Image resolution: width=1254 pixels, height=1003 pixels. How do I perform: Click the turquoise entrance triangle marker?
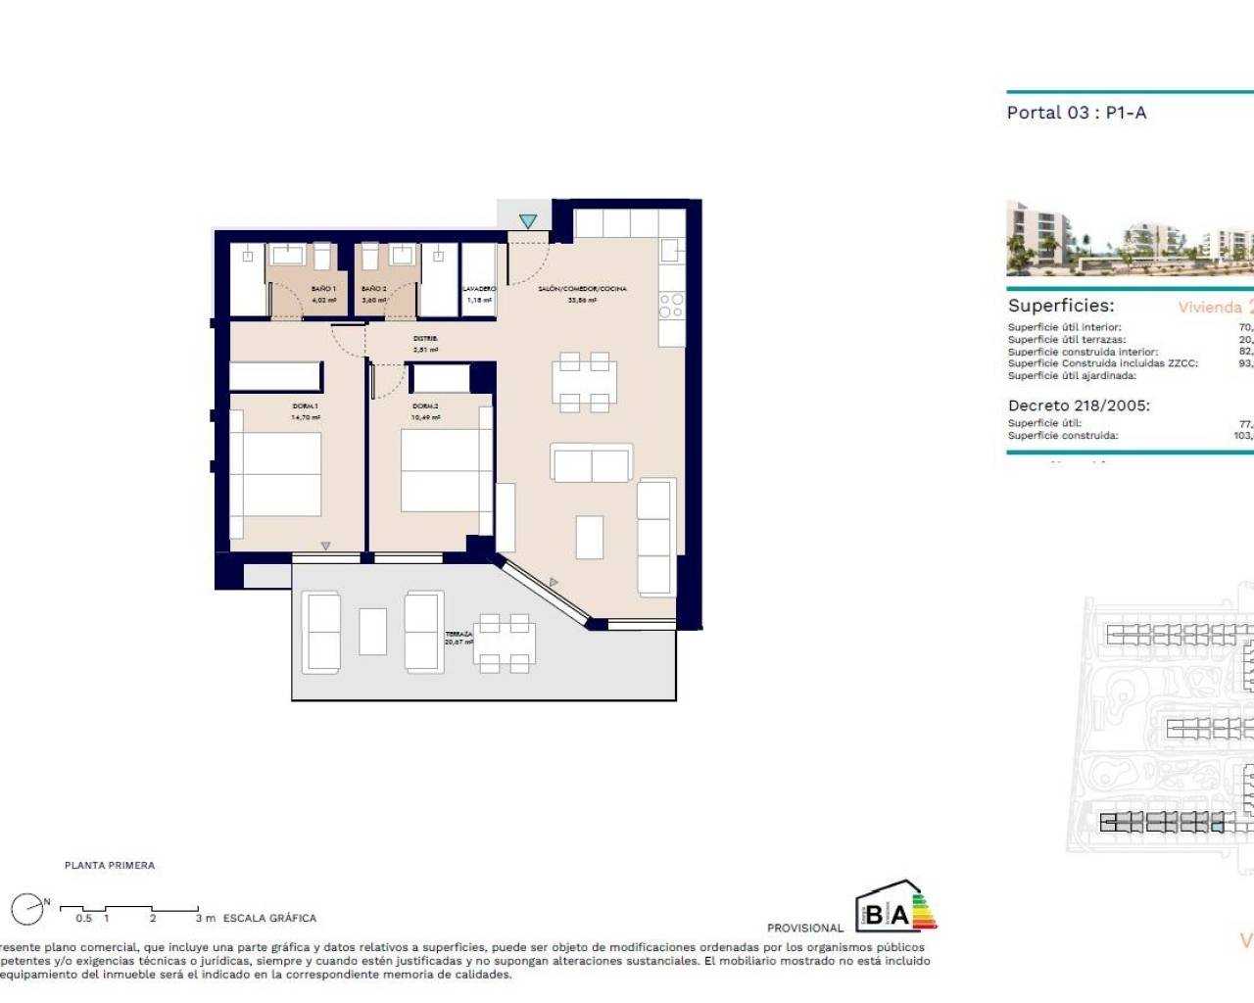point(528,222)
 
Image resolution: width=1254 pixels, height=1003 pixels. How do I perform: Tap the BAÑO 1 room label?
point(323,289)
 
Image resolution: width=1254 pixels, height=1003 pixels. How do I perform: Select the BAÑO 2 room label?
point(373,289)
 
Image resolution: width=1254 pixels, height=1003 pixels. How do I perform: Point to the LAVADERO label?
point(479,289)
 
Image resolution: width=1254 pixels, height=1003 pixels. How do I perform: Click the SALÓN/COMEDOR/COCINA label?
point(582,289)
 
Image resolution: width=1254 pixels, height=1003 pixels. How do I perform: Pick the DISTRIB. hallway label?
point(425,339)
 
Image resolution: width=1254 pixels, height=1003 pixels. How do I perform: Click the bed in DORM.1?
point(277,474)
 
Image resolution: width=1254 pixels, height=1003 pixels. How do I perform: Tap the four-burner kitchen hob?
point(671,306)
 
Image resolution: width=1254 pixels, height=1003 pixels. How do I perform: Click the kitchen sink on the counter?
point(671,251)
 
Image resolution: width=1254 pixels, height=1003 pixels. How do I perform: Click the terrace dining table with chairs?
point(505,644)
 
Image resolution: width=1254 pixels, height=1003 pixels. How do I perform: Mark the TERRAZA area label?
point(458,635)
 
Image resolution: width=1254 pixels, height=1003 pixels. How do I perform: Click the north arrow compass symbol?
point(28,909)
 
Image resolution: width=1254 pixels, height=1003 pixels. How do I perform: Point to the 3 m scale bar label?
point(205,919)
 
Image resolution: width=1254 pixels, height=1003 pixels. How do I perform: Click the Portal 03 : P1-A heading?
point(1076,113)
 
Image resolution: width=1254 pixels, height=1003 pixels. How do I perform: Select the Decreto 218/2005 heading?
point(1079,405)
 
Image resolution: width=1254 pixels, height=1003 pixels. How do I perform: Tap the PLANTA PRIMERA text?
point(110,866)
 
